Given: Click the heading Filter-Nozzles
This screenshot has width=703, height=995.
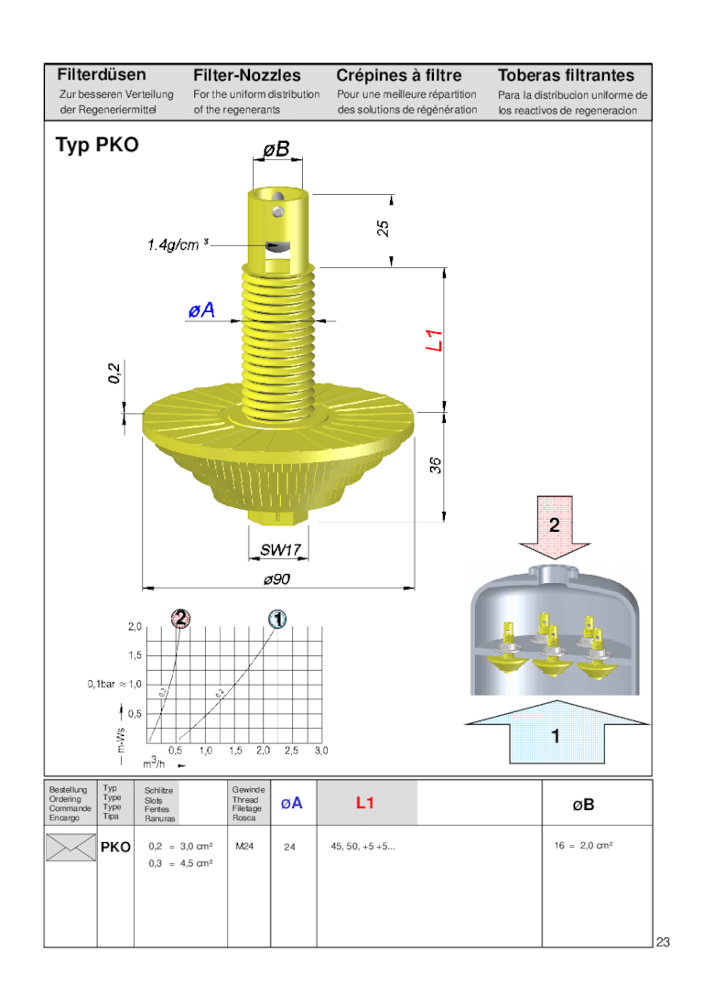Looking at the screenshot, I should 246,75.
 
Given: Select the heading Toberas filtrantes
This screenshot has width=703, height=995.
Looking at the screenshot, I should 566,75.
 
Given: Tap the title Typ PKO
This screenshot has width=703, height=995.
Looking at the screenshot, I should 97,145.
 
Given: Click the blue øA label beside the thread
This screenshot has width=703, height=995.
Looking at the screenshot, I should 201,311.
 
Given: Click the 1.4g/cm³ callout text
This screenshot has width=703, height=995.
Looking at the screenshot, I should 178,244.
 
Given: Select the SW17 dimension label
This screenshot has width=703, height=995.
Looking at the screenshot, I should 278,550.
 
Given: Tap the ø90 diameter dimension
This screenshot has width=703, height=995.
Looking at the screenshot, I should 276,579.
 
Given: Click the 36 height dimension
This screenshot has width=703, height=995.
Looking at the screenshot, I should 436,465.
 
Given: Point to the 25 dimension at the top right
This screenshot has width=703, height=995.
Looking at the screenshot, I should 384,228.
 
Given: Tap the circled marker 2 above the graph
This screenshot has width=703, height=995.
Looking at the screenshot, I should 181,619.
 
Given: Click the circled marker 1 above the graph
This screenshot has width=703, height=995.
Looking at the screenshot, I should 277,620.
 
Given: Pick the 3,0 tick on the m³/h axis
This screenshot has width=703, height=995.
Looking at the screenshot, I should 321,751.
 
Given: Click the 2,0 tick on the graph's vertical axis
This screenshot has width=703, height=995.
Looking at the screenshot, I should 135,627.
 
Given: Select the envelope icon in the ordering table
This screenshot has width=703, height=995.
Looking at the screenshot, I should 70,848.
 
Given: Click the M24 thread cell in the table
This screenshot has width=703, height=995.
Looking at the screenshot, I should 244,847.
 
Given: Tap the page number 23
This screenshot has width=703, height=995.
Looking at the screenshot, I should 663,942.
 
